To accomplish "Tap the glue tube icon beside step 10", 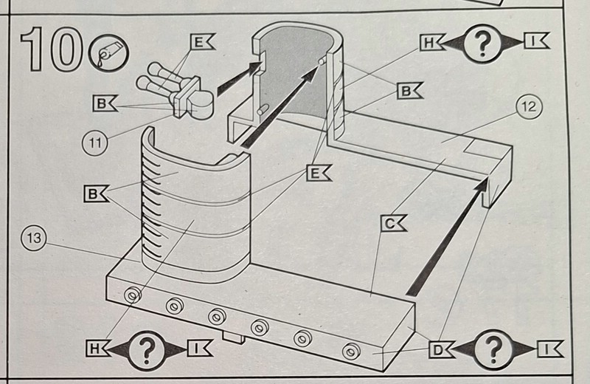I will pyautogui.click(x=108, y=54).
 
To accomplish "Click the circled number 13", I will pyautogui.click(x=34, y=239).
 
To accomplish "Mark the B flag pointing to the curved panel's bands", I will pyautogui.click(x=96, y=195).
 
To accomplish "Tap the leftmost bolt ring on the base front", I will pyautogui.click(x=133, y=295).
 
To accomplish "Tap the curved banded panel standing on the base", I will pyautogui.click(x=195, y=214).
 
